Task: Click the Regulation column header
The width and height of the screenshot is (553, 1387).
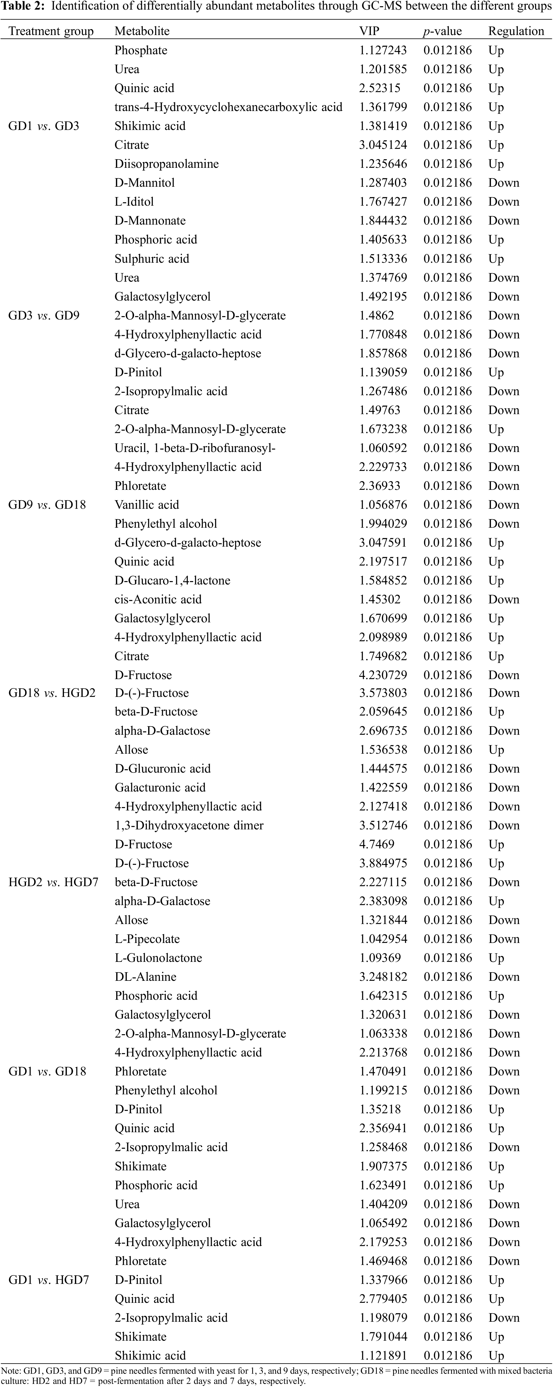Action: [516, 31]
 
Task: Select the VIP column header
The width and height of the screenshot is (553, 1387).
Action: [370, 31]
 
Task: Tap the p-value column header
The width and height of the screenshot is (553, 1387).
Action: [442, 31]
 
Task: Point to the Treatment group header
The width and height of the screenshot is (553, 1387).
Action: [51, 31]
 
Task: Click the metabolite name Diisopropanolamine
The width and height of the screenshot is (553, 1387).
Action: [167, 164]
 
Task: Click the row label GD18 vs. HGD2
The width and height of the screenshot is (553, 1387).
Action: [52, 693]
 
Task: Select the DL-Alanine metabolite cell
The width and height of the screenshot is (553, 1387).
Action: [146, 977]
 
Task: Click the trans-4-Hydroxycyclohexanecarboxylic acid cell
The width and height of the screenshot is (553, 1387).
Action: [228, 107]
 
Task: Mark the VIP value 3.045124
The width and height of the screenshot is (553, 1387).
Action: [383, 145]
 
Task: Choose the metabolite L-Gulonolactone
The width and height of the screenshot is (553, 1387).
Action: [158, 958]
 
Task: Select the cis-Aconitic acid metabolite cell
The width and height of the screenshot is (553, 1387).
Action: [158, 599]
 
